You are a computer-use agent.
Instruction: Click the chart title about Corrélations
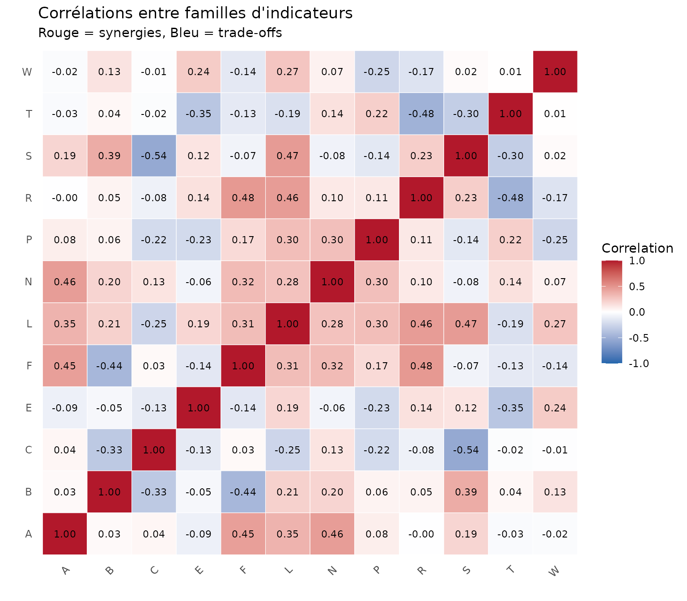195,13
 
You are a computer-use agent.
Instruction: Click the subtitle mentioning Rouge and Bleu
160,33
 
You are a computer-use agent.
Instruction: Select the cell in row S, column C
154,156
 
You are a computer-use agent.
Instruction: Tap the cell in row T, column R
421,114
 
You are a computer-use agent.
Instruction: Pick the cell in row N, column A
65,282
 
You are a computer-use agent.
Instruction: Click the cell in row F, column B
109,366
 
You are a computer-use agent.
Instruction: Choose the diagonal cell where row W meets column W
555,72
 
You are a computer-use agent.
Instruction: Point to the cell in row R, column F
243,198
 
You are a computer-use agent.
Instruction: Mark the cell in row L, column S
466,324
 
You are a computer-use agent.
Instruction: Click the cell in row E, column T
510,408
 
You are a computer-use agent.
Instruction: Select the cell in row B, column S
466,492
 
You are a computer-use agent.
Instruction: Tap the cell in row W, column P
377,72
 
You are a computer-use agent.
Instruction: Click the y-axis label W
27,72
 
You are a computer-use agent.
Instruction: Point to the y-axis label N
29,282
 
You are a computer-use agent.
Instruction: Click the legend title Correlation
637,248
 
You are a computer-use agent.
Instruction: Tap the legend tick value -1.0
639,364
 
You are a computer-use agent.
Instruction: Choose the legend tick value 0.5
636,287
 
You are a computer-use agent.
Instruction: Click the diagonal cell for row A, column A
65,534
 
